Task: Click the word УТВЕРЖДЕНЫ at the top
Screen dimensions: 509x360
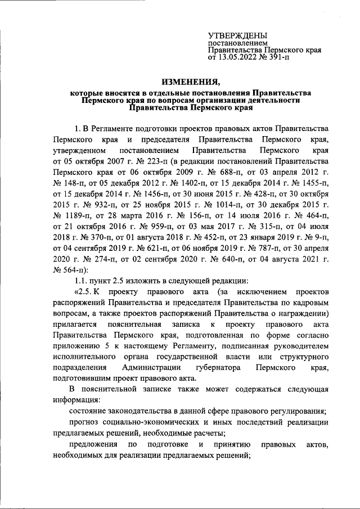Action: (238, 35)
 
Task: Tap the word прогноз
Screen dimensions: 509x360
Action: (87, 422)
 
